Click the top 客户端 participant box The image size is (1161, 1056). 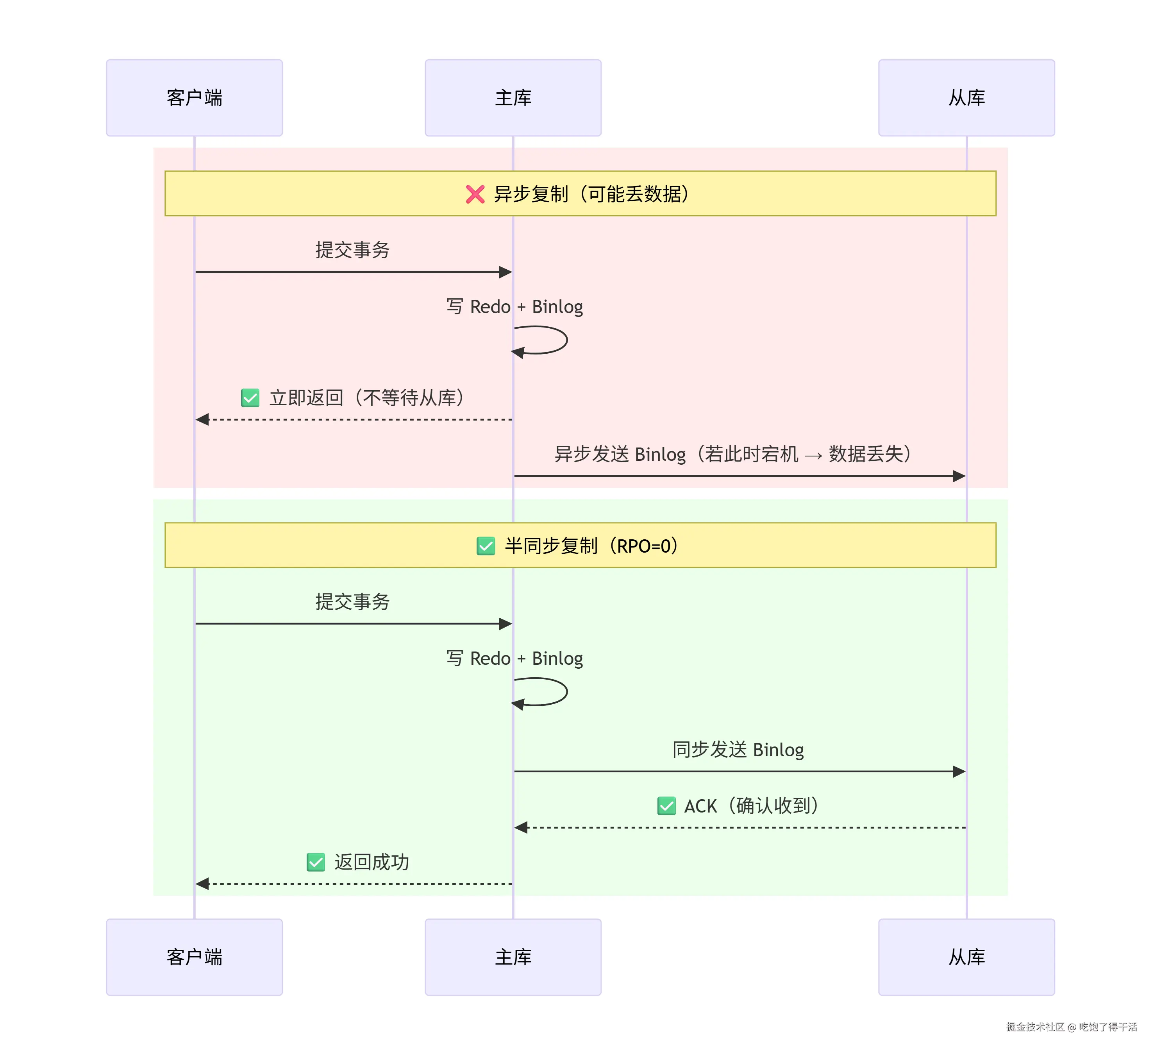click(x=194, y=98)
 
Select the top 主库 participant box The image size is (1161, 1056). click(x=513, y=98)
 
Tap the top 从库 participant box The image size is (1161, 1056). click(x=966, y=98)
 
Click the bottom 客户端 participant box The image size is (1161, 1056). click(x=194, y=957)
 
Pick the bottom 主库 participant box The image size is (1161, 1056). click(x=513, y=957)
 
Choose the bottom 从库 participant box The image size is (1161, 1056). click(x=966, y=957)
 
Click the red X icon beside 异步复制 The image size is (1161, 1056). click(x=475, y=194)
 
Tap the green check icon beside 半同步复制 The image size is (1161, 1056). click(x=486, y=546)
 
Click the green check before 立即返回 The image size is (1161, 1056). click(x=250, y=397)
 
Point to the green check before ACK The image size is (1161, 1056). click(x=666, y=805)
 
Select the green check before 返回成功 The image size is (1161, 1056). click(x=316, y=862)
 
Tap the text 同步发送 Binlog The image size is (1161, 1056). click(x=738, y=750)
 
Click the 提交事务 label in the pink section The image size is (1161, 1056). click(x=352, y=250)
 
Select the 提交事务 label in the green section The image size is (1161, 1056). click(x=352, y=601)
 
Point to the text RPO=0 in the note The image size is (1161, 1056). click(x=644, y=546)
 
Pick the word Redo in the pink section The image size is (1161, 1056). click(x=490, y=306)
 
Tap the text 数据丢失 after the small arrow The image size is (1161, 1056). click(x=866, y=454)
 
